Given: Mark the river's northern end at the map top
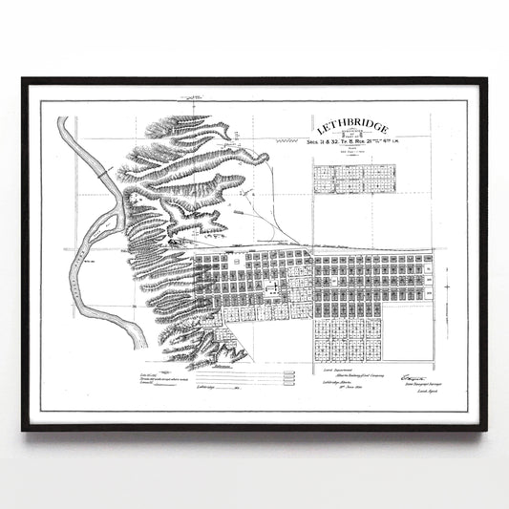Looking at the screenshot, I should (x=63, y=121).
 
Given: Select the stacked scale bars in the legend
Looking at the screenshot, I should (x=272, y=378).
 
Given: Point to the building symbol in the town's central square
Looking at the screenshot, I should (x=273, y=285).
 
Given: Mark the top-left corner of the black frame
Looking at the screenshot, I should (x=24, y=80).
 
